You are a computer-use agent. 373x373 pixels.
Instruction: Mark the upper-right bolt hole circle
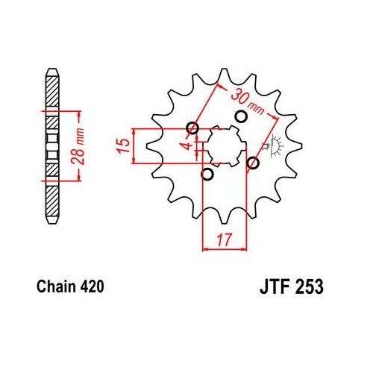pyautogui.click(x=241, y=116)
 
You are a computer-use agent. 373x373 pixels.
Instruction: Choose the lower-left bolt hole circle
pyautogui.click(x=208, y=175)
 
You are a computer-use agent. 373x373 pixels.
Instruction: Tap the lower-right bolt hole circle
pyautogui.click(x=254, y=162)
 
